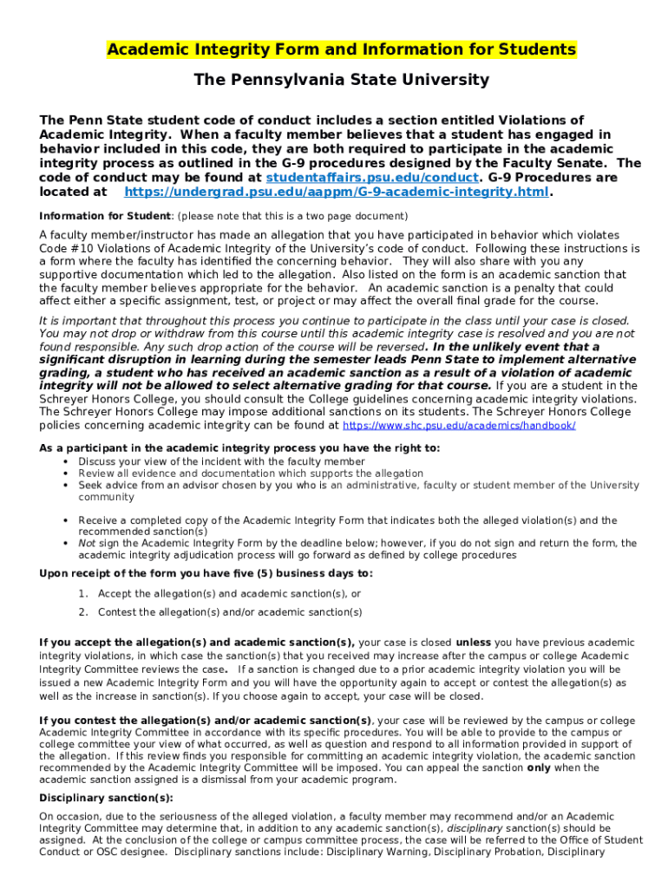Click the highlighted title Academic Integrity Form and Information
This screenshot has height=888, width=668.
341,49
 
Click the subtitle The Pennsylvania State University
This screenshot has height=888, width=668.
341,80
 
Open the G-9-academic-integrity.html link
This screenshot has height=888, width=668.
337,192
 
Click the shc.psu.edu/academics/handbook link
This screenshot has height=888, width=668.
459,426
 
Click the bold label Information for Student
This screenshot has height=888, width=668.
105,216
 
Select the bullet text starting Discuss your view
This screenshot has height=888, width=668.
221,461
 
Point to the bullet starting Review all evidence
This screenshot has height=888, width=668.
251,473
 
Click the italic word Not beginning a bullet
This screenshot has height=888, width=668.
87,544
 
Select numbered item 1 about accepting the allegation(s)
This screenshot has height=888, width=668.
229,594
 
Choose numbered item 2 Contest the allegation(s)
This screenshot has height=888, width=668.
230,612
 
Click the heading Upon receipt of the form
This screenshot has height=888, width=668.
206,573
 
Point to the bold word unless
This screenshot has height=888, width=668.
474,643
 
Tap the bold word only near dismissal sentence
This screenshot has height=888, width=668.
539,767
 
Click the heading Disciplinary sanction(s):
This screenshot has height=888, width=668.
106,798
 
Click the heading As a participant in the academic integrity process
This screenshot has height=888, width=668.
239,448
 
